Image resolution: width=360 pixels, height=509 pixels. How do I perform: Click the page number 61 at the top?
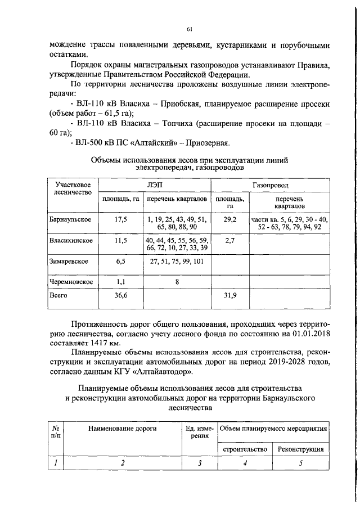pos(190,29)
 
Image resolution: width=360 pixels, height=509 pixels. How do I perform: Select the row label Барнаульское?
pos(70,219)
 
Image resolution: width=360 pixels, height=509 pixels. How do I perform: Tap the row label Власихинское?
pos(71,240)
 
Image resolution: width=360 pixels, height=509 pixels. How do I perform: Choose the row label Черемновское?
pos(70,282)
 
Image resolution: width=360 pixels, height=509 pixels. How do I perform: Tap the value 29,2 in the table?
pos(229,219)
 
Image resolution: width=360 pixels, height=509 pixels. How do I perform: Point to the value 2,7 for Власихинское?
pos(229,240)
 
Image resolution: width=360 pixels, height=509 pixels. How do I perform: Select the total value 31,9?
pos(229,295)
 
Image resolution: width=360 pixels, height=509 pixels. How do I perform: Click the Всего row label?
pos(58,295)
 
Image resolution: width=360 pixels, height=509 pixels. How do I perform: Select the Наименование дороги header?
pos(121,429)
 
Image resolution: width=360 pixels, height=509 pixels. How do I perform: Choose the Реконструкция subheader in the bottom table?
pos(300,449)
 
